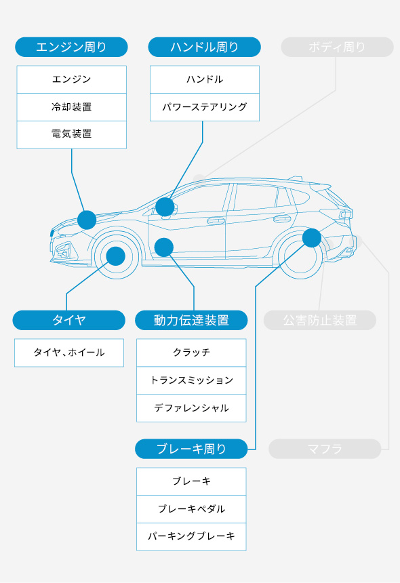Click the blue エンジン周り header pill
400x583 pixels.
(71, 47)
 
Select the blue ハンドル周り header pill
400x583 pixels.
(204, 47)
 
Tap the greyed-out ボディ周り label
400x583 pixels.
(337, 47)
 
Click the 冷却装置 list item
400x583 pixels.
(71, 107)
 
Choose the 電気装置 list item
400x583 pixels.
(71, 134)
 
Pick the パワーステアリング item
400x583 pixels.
(204, 107)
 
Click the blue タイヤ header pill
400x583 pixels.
(68, 320)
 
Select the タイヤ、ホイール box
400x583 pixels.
(68, 353)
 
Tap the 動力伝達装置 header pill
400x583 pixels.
(191, 320)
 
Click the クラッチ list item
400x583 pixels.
(191, 353)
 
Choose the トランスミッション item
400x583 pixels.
(191, 380)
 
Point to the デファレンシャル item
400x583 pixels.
(191, 408)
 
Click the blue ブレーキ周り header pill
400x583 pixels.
(191, 449)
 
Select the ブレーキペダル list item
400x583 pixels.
(191, 509)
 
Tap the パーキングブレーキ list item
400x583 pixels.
(191, 536)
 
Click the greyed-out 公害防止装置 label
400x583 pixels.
(319, 320)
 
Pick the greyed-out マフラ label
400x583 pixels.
(325, 449)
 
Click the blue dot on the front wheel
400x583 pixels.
(116, 256)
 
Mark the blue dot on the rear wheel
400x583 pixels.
(311, 237)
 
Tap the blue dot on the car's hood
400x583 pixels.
(87, 220)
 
